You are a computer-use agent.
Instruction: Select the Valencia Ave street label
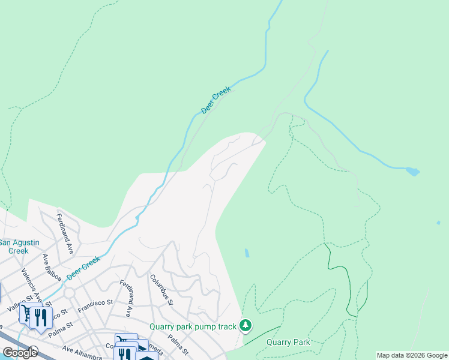click(32, 286)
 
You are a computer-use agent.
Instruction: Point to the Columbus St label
click(161, 290)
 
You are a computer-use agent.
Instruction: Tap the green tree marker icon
click(245, 326)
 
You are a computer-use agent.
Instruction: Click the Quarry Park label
click(289, 343)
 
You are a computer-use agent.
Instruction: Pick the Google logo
click(20, 353)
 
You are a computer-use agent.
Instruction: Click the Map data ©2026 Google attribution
click(412, 355)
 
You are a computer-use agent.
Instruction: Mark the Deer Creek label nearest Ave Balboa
click(83, 267)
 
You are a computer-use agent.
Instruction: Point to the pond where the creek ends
click(412, 172)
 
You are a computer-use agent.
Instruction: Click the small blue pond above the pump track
click(247, 253)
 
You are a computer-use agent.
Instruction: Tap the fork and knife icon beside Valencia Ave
click(40, 316)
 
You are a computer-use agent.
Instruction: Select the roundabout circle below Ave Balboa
click(69, 292)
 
